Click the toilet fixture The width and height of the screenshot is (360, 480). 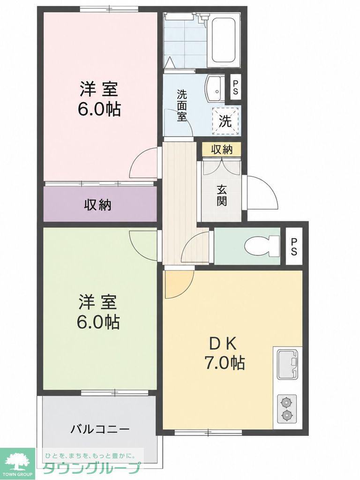point(262,245)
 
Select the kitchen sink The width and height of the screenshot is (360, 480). point(287,364)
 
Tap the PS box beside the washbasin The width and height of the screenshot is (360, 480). point(235,87)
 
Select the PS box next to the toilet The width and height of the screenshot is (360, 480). point(294,247)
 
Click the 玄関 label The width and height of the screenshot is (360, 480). point(222,196)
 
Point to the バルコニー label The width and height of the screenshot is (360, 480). point(100,429)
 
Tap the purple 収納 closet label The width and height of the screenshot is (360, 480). point(97,204)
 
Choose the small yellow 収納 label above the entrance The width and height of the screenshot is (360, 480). point(222,150)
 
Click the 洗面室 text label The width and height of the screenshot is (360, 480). point(181,105)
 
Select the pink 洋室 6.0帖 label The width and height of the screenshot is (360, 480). point(99,99)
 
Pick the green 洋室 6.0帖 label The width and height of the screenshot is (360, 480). point(98,312)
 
